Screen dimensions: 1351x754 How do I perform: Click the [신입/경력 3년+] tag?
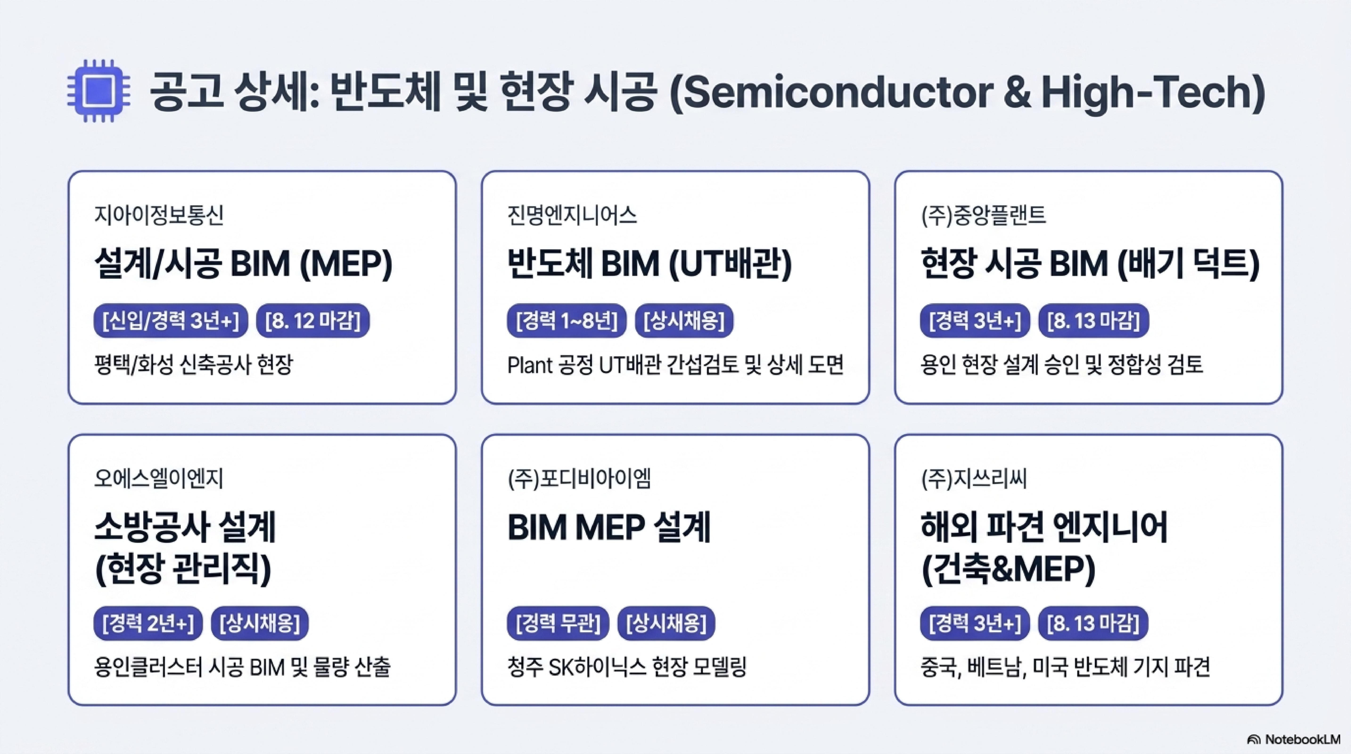[x=170, y=320]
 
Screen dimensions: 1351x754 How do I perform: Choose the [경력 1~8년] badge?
[x=567, y=320]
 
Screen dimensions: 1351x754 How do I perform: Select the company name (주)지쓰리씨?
[x=974, y=478]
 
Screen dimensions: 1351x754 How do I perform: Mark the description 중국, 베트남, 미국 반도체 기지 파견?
[x=1065, y=667]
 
